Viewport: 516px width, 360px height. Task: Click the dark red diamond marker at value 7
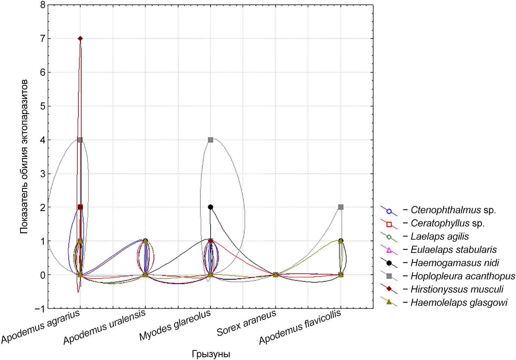tap(80, 39)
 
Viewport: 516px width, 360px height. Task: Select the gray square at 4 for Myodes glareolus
tap(211, 140)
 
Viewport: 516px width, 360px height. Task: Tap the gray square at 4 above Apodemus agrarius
tap(80, 140)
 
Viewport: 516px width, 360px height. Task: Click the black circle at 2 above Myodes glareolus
tap(211, 207)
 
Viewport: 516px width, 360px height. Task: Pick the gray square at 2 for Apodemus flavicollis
tap(341, 207)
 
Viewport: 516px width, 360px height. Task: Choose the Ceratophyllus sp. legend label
tap(447, 223)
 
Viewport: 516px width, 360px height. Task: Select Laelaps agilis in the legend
tap(440, 237)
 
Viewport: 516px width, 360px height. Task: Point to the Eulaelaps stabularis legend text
tap(453, 250)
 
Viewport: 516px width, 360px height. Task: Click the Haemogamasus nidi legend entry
tap(455, 263)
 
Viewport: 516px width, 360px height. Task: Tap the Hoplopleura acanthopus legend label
tap(462, 276)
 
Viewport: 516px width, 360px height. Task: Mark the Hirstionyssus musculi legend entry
tap(457, 289)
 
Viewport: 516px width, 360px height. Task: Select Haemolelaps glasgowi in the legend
tap(459, 303)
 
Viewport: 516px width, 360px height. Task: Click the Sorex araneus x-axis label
tap(246, 323)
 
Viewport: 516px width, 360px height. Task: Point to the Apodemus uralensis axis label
tap(104, 327)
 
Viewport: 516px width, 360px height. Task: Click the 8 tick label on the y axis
tap(43, 5)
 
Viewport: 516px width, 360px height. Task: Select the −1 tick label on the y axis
tap(40, 309)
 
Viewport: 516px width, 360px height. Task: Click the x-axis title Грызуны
tap(211, 354)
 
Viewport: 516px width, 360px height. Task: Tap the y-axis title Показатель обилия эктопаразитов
tap(24, 157)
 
